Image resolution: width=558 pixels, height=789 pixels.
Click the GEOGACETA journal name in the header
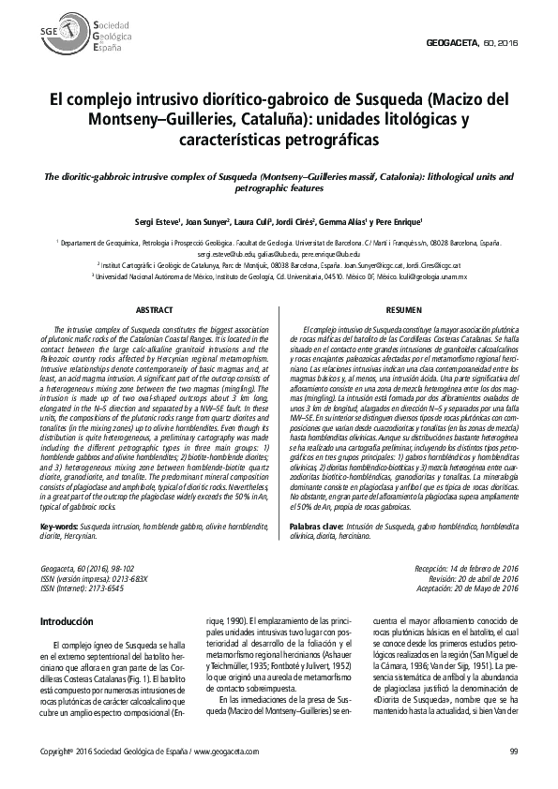tap(453, 44)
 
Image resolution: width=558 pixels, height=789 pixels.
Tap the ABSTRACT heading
tap(154, 309)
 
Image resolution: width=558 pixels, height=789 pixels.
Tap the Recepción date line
tap(466, 569)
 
